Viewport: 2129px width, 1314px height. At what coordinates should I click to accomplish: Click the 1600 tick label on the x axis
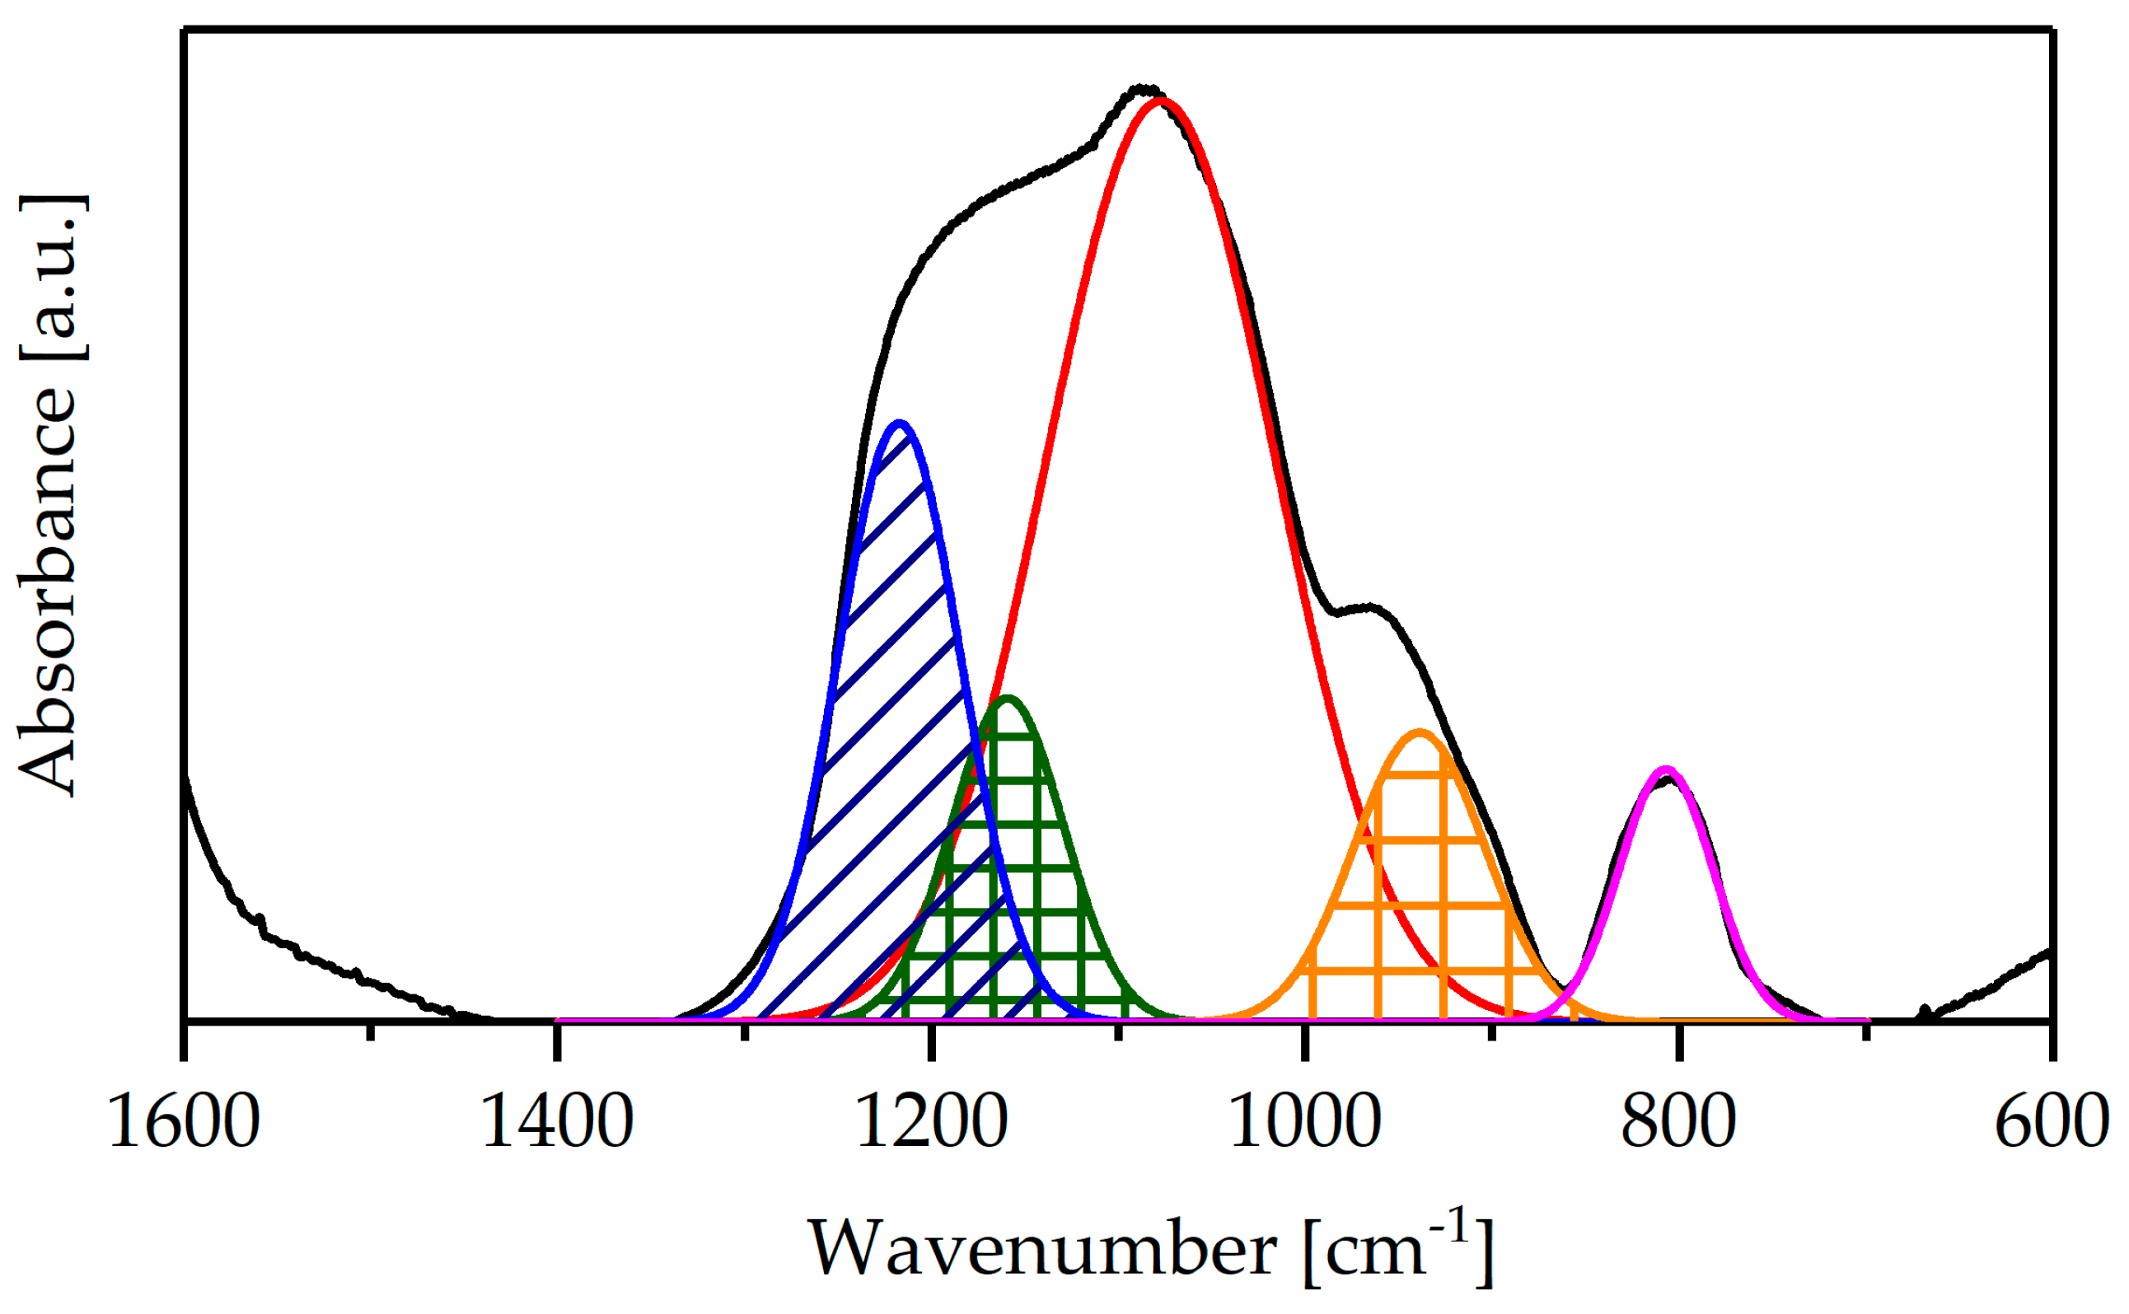pos(184,1122)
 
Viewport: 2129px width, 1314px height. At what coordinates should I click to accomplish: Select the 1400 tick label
pos(557,1122)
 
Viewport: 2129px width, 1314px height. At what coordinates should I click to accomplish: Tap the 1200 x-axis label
pos(932,1122)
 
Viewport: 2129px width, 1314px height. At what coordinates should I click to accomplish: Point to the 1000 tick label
pos(1305,1122)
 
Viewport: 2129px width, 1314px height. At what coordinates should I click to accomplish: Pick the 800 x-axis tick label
pos(1679,1122)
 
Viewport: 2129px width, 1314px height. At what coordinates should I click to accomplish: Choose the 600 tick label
pos(2052,1122)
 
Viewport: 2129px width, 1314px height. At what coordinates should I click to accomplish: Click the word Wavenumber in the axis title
pos(1043,1250)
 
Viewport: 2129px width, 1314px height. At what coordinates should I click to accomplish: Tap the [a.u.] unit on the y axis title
pos(52,276)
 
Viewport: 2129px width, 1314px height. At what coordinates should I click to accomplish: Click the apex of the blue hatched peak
pos(901,423)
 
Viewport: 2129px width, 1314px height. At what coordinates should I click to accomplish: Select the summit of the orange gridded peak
pos(1420,732)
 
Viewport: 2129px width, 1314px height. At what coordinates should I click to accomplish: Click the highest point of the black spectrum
pos(1144,88)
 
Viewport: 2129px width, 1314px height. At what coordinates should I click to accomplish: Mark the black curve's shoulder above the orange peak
pos(1368,606)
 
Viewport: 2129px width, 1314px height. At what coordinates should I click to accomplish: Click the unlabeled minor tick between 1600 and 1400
pos(370,1031)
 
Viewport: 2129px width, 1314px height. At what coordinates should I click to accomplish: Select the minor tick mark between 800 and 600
pos(1865,1031)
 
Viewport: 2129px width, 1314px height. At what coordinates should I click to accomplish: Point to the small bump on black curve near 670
pos(1925,1010)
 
